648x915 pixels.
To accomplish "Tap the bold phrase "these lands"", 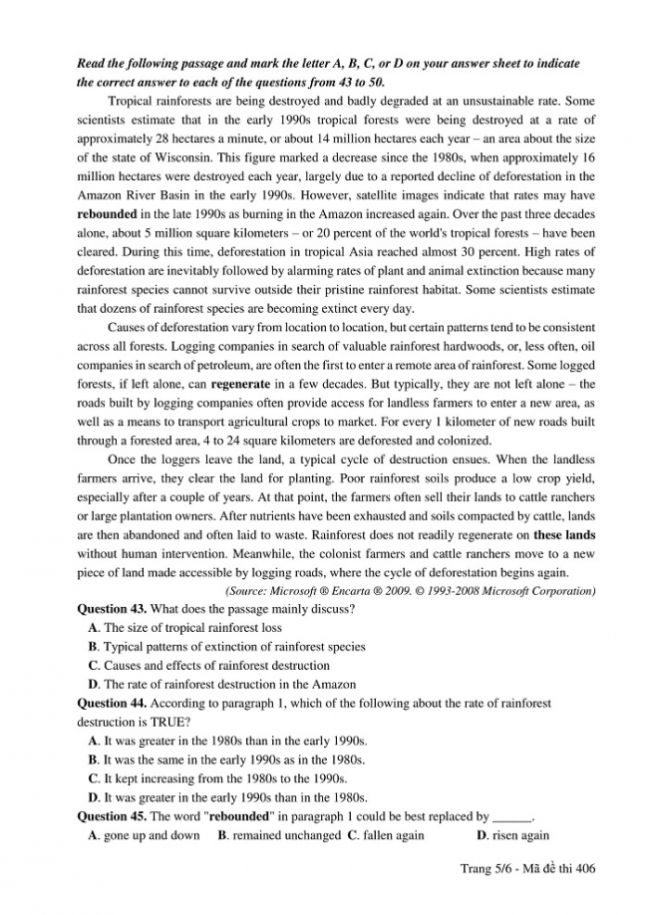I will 564,534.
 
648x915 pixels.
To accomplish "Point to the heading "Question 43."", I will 113,608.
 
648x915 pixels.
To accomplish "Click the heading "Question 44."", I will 113,703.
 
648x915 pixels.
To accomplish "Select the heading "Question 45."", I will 113,816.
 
